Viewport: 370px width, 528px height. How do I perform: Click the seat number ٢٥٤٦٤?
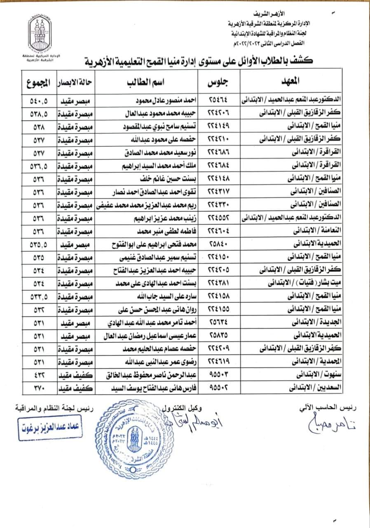tap(221, 100)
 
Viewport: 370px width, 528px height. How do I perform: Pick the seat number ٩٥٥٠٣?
tap(221, 375)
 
